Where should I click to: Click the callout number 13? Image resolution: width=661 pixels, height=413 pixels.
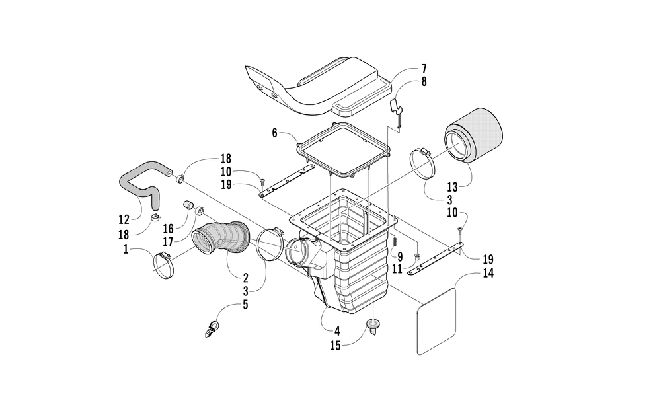pyautogui.click(x=453, y=186)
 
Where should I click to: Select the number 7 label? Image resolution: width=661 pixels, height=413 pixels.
pyautogui.click(x=424, y=69)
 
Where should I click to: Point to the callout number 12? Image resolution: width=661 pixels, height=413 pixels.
pyautogui.click(x=124, y=219)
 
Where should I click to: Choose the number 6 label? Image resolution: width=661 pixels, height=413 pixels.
pyautogui.click(x=274, y=133)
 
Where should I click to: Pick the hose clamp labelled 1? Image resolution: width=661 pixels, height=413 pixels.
pyautogui.click(x=168, y=264)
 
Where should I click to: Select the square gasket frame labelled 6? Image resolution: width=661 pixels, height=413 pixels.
pyautogui.click(x=343, y=154)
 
